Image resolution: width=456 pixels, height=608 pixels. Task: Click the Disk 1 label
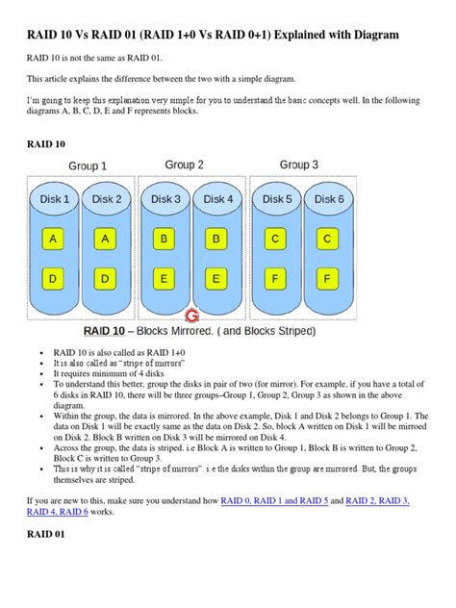pos(54,199)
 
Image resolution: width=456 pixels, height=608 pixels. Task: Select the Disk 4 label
pos(218,199)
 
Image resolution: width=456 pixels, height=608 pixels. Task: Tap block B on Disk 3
pos(165,238)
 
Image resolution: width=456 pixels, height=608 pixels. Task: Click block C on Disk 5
pos(277,238)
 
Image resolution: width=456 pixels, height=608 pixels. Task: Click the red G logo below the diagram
pos(191,315)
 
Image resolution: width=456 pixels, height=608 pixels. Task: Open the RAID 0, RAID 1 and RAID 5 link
pos(274,501)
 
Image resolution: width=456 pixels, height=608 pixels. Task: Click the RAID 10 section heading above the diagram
pos(46,145)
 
